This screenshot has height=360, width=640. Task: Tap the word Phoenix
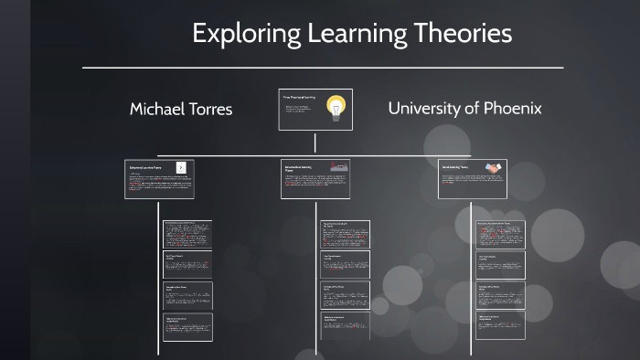pos(512,108)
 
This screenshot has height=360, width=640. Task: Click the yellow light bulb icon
pos(336,109)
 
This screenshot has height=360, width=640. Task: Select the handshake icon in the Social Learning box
pos(493,168)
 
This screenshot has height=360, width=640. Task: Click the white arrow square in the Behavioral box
pos(181,167)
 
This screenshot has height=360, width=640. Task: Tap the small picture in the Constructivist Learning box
pos(338,168)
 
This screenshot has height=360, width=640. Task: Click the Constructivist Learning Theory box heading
pos(303,168)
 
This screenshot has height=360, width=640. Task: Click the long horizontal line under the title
pos(322,68)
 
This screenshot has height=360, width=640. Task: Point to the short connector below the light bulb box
pos(315,142)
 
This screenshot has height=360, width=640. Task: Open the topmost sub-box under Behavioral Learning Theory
pos(187,234)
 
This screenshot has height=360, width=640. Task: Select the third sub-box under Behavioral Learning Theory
pos(187,295)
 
